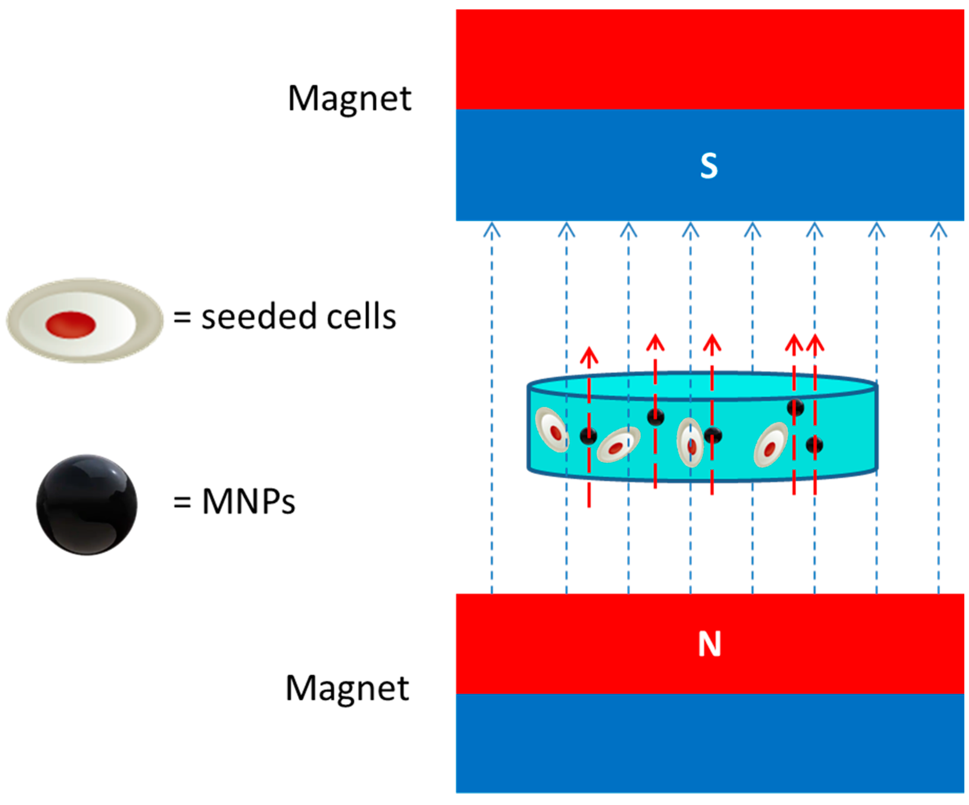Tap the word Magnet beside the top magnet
[349, 99]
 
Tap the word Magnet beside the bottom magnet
[347, 688]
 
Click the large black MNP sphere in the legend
[87, 505]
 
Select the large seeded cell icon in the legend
[85, 321]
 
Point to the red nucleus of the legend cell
[70, 325]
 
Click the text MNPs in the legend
[248, 502]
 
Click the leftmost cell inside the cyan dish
[552, 430]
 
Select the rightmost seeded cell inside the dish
[770, 444]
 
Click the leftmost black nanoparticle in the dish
[588, 436]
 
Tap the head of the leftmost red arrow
[589, 356]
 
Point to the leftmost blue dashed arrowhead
[492, 230]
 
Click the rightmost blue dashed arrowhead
[939, 230]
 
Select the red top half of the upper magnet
[710, 59]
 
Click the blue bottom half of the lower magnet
[710, 744]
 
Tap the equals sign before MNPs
[182, 502]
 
